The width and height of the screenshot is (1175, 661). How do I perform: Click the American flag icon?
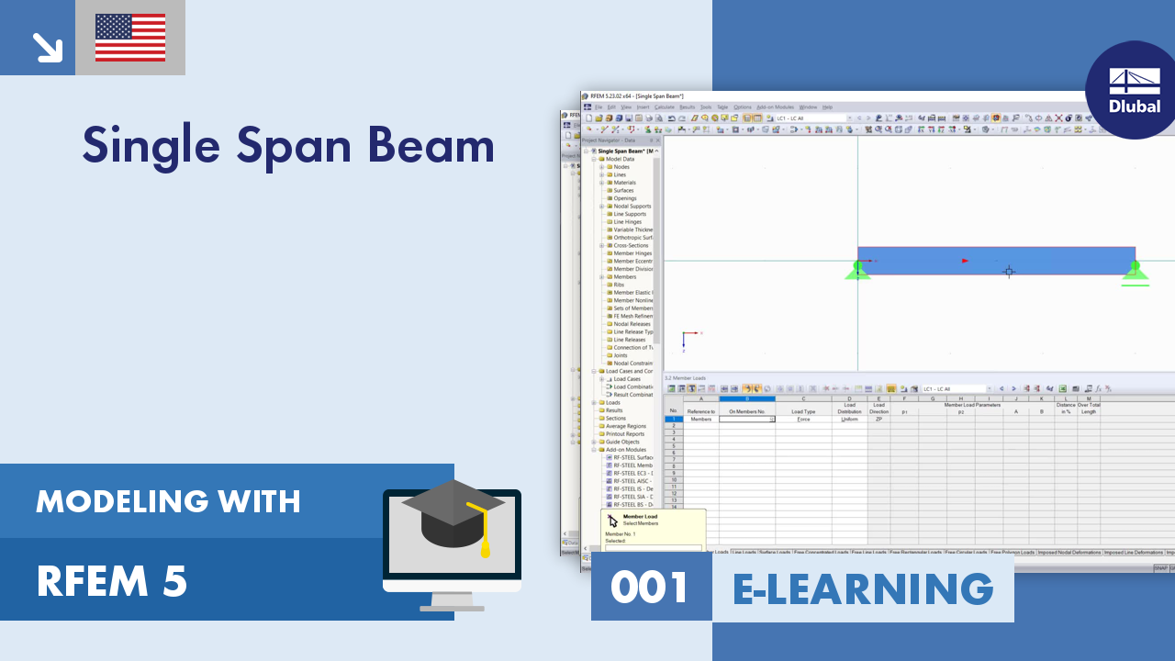tap(130, 38)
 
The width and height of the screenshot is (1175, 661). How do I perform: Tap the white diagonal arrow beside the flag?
tap(46, 46)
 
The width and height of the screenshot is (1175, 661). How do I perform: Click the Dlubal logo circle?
tap(1135, 90)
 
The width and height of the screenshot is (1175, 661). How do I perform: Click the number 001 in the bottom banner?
tap(650, 588)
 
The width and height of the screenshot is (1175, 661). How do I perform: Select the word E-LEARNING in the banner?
tap(863, 588)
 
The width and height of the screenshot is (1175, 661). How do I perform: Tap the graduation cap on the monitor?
tap(454, 514)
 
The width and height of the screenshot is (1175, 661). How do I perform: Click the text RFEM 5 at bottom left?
tap(112, 581)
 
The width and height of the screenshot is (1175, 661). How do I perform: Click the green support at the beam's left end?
tap(857, 270)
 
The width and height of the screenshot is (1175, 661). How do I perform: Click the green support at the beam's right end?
tap(1135, 272)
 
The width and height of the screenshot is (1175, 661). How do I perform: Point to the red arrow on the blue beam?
tap(965, 261)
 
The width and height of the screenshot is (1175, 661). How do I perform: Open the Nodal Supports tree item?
tap(632, 207)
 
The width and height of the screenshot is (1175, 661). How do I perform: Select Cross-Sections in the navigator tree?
tap(631, 245)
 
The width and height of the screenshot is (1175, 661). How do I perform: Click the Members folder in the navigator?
tap(624, 276)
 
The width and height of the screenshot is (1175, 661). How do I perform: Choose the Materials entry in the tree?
tap(624, 183)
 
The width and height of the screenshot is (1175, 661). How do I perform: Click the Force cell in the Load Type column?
tap(803, 419)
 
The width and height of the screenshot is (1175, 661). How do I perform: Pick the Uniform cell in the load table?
tap(849, 419)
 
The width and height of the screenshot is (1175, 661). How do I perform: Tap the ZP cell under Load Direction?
tap(878, 419)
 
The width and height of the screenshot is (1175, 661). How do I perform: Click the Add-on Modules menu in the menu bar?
tap(774, 107)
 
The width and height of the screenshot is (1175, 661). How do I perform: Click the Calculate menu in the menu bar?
tap(664, 107)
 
